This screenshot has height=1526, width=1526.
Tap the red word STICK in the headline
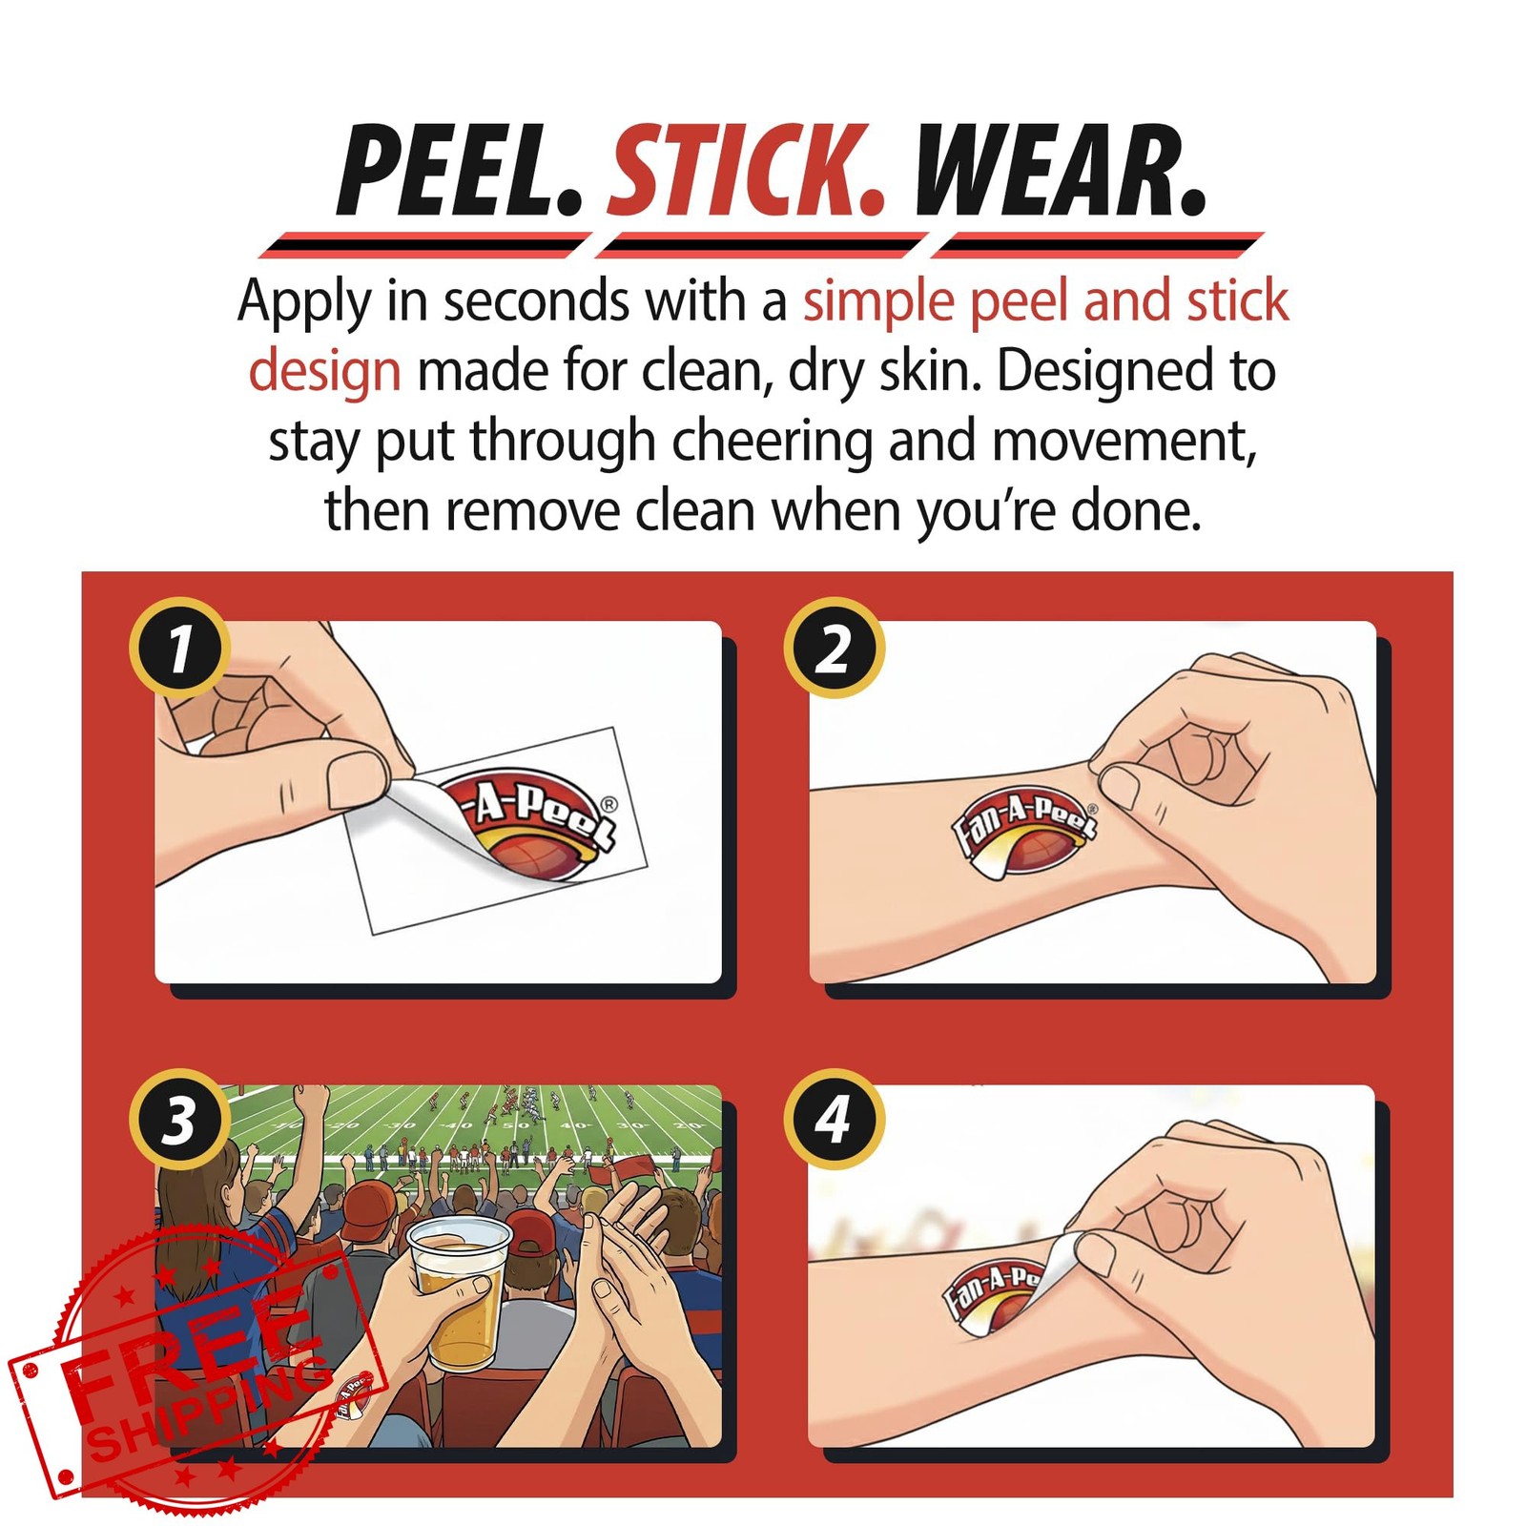click(747, 172)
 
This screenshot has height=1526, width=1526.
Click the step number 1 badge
click(179, 648)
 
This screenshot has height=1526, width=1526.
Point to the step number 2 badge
click(834, 648)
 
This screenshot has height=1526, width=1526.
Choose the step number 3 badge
click(179, 1119)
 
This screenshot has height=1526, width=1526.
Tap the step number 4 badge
click(834, 1119)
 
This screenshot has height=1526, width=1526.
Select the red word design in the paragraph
click(324, 372)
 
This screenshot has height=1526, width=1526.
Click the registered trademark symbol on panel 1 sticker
click(609, 804)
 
